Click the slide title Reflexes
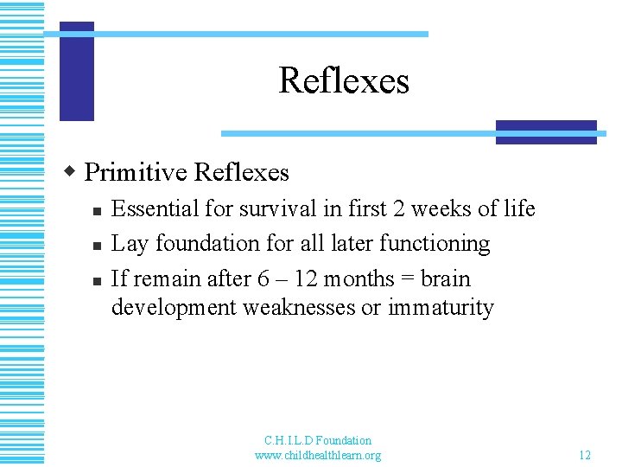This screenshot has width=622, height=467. (344, 81)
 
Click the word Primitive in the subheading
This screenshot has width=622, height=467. (136, 172)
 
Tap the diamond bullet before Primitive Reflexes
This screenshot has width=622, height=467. (73, 170)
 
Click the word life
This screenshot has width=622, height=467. (518, 209)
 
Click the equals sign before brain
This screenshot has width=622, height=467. (407, 279)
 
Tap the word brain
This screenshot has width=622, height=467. (446, 279)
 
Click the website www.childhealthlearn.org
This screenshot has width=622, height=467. (317, 455)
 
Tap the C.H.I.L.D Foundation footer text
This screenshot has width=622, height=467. (318, 440)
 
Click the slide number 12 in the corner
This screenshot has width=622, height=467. (585, 455)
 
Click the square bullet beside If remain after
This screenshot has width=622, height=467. (98, 281)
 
